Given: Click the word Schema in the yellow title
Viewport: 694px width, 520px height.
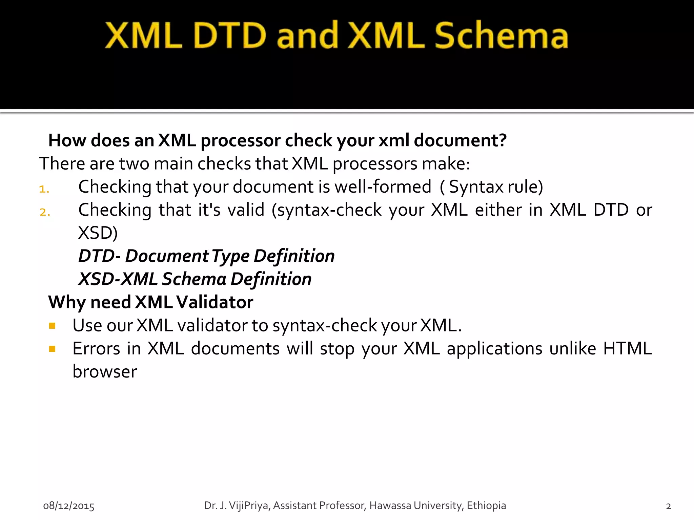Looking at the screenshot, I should [501, 36].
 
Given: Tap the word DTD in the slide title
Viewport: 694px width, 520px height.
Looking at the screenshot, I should [230, 36].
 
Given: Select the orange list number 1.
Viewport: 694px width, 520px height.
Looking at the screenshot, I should [44, 189].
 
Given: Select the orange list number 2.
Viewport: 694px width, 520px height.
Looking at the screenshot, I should [45, 212].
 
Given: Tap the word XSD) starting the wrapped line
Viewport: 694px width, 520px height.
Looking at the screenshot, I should [98, 233].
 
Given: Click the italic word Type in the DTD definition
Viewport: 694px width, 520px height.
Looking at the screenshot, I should [230, 256].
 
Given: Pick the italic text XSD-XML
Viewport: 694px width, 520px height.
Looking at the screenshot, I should [118, 279].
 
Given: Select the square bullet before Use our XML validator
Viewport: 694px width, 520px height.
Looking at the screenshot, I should [52, 326].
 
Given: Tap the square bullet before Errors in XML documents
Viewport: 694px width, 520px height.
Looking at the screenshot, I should [52, 349].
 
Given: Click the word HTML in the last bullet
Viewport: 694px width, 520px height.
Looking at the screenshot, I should [627, 349].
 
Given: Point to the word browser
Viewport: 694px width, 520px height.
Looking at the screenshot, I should [105, 372].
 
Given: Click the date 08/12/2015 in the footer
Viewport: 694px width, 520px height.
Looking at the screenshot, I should [69, 506].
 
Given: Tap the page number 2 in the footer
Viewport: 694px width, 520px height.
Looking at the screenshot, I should [668, 506].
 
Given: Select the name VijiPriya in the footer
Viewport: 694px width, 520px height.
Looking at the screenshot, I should [248, 505].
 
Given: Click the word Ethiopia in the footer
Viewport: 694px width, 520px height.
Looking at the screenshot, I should [486, 505].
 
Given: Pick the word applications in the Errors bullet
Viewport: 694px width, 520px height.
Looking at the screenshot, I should [494, 349].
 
